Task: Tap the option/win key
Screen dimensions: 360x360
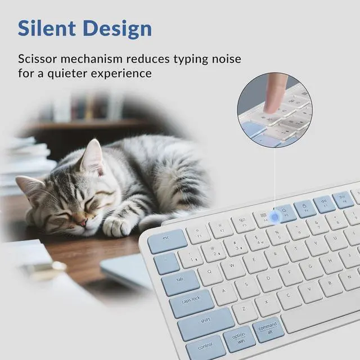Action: click(239, 339)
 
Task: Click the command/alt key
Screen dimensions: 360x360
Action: click(268, 329)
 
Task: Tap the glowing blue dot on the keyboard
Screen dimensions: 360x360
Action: click(276, 217)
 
